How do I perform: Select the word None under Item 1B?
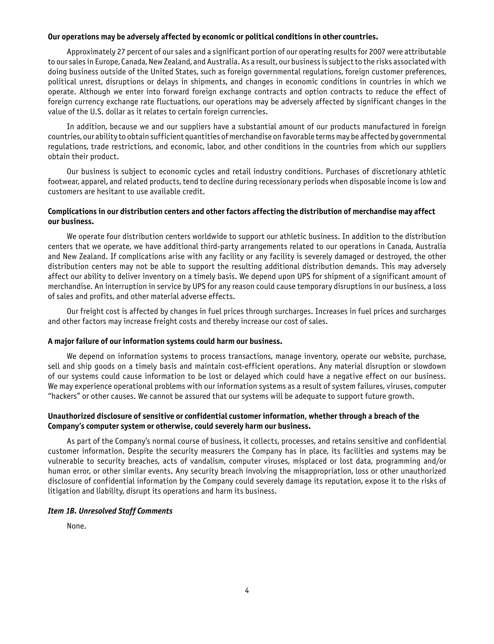tap(76, 526)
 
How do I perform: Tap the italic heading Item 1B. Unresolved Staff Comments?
tap(110, 511)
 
